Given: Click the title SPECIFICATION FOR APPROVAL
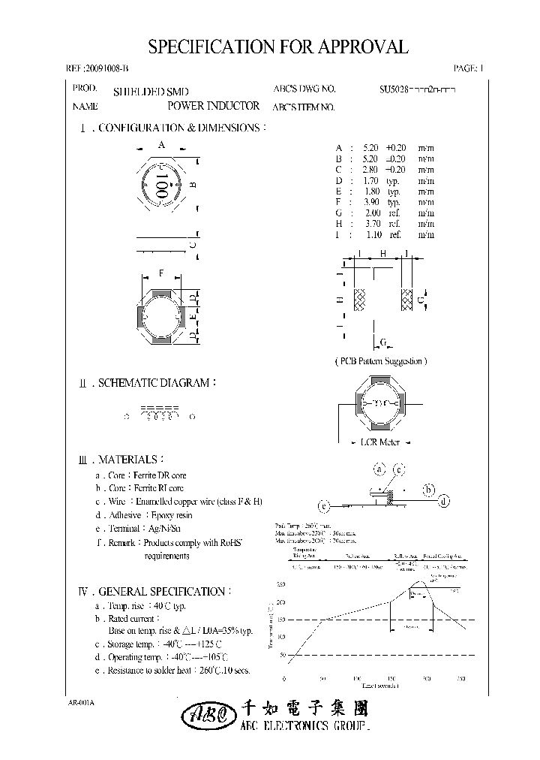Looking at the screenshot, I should coord(278,47).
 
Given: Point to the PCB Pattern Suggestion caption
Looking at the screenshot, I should coord(380,361).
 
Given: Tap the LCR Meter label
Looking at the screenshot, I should coord(379,442).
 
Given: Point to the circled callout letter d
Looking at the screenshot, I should coord(445,500).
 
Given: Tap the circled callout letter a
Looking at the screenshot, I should coord(379,469).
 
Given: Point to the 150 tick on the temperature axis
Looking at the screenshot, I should coord(281,620).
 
